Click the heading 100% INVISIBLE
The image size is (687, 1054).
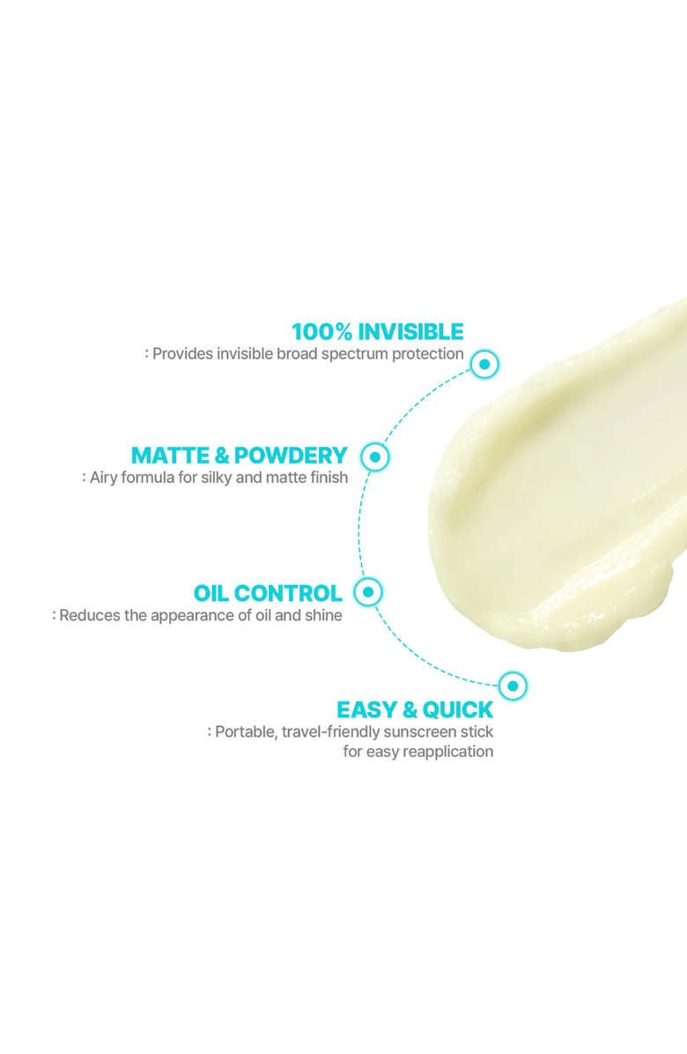click(377, 332)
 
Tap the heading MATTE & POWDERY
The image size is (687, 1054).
click(240, 456)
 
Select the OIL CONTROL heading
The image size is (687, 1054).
click(268, 593)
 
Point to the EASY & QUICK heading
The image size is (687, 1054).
click(415, 710)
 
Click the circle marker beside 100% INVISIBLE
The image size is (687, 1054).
click(484, 363)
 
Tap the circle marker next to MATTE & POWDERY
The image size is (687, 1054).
click(375, 456)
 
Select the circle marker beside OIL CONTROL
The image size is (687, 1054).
click(368, 591)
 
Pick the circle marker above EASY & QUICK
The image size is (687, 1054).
click(513, 685)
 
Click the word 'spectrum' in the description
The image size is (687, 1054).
click(351, 354)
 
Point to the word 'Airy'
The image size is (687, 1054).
click(105, 478)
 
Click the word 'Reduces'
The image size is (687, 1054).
click(86, 615)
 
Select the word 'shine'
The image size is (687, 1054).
click(322, 615)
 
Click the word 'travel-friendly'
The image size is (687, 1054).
click(331, 732)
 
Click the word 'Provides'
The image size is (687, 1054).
click(181, 354)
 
